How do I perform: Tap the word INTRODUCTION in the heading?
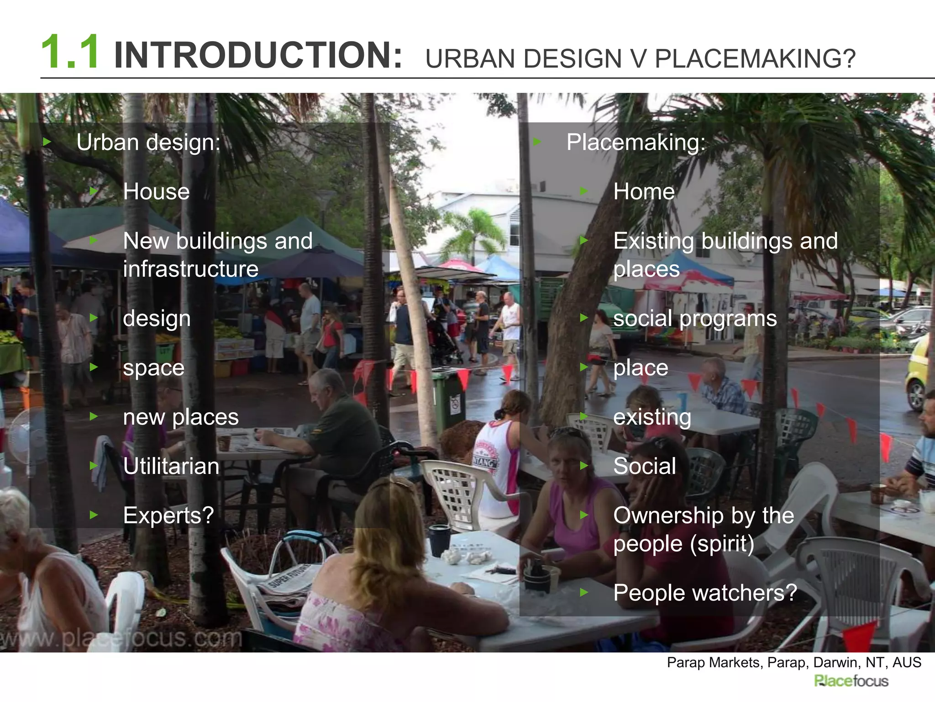coord(258,55)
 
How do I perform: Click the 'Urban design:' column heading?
coord(148,142)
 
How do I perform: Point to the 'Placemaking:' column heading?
coord(636,142)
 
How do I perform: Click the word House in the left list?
coord(156,191)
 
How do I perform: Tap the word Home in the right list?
coord(644,191)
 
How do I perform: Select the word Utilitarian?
coord(171,466)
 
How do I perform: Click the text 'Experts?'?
coord(168,516)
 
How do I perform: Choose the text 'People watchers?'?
coord(705,593)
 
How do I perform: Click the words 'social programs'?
coord(695,318)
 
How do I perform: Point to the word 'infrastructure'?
coord(190,269)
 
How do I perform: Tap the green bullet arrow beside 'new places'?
coord(94,416)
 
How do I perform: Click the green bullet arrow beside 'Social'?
coord(584,466)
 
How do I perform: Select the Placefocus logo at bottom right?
coord(851,681)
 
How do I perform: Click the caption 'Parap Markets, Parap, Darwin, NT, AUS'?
coord(794,662)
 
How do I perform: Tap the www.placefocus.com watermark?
coord(121,638)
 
